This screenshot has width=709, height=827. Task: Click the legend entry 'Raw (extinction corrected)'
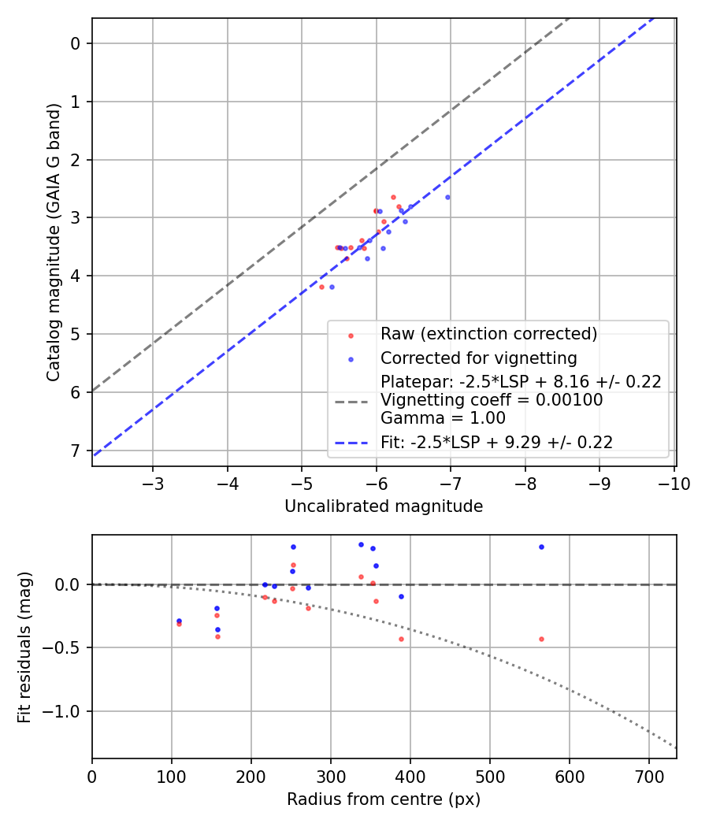pyautogui.click(x=488, y=334)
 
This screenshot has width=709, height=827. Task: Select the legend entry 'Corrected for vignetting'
pyautogui.click(x=478, y=358)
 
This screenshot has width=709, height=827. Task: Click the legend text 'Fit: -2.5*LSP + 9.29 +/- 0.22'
pyautogui.click(x=496, y=443)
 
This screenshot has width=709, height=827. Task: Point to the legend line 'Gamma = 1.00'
pyautogui.click(x=443, y=418)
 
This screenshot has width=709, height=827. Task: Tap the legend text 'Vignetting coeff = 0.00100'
pyautogui.click(x=492, y=400)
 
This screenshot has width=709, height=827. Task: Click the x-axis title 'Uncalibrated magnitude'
pyautogui.click(x=384, y=506)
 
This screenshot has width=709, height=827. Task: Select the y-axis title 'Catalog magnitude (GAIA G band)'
pyautogui.click(x=54, y=242)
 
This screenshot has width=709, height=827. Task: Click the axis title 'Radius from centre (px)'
pyautogui.click(x=384, y=799)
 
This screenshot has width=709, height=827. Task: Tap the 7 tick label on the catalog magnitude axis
pyautogui.click(x=76, y=451)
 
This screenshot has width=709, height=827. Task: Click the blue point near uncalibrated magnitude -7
pyautogui.click(x=447, y=197)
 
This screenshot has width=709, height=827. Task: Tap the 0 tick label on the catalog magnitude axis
pyautogui.click(x=76, y=43)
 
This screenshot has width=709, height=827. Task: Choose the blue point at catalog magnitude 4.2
pyautogui.click(x=332, y=287)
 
